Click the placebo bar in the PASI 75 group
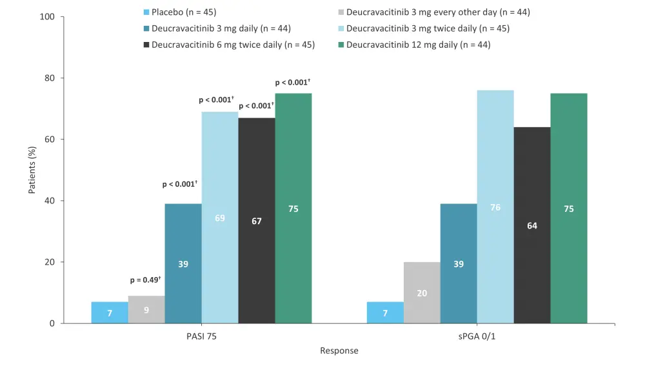pyautogui.click(x=110, y=313)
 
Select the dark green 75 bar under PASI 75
pyautogui.click(x=293, y=209)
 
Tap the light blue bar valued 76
pyautogui.click(x=495, y=207)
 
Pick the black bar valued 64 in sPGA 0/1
pyautogui.click(x=532, y=225)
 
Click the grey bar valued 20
pyautogui.click(x=422, y=293)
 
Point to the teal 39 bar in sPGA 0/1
pyautogui.click(x=459, y=263)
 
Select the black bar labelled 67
pyautogui.click(x=257, y=221)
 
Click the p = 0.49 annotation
pyautogui.click(x=145, y=280)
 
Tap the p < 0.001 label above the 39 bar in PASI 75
pyautogui.click(x=179, y=185)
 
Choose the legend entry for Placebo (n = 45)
pyautogui.click(x=184, y=12)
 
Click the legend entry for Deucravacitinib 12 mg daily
pyautogui.click(x=418, y=45)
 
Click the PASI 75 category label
pyautogui.click(x=201, y=336)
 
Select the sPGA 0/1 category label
pyautogui.click(x=477, y=336)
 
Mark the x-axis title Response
pyautogui.click(x=339, y=351)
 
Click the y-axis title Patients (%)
pyautogui.click(x=32, y=170)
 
